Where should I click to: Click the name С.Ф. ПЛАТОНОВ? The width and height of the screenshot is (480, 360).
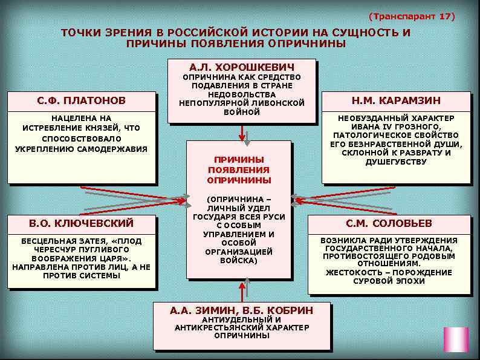coord(78,100)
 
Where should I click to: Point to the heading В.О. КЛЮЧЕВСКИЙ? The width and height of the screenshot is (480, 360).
coord(82,223)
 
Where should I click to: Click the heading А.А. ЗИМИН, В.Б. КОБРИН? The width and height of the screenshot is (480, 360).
coord(242,310)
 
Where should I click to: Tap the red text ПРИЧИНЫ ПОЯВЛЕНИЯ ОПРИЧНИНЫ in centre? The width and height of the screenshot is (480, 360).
coord(239,169)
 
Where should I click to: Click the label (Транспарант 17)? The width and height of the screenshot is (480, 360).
coord(411,16)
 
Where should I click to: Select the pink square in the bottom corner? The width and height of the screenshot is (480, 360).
coord(456,339)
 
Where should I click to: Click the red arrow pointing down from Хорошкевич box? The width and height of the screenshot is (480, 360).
coord(242,132)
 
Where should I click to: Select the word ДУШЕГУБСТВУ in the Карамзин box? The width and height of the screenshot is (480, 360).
coord(396,162)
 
